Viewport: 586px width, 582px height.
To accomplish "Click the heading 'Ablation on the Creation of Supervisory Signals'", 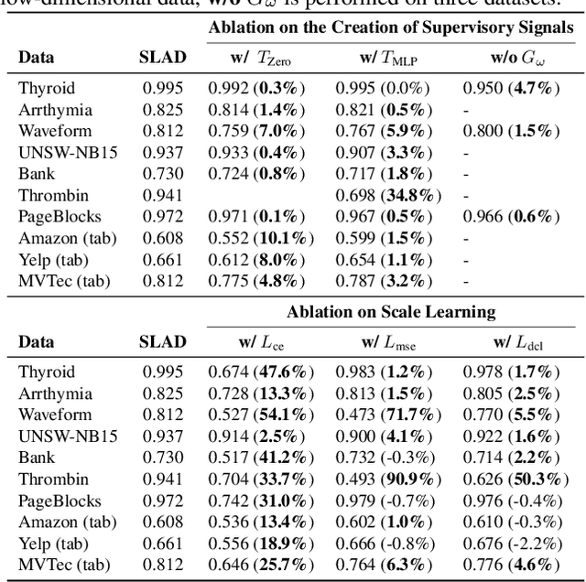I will tap(390, 27).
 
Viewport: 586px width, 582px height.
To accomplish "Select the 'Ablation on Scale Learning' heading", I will tap(390, 312).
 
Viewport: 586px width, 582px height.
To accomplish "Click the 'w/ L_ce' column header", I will tap(260, 341).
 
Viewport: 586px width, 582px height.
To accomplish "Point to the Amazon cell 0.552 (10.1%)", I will tap(260, 237).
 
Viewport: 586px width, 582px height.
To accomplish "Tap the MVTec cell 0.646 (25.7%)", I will tap(260, 565).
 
